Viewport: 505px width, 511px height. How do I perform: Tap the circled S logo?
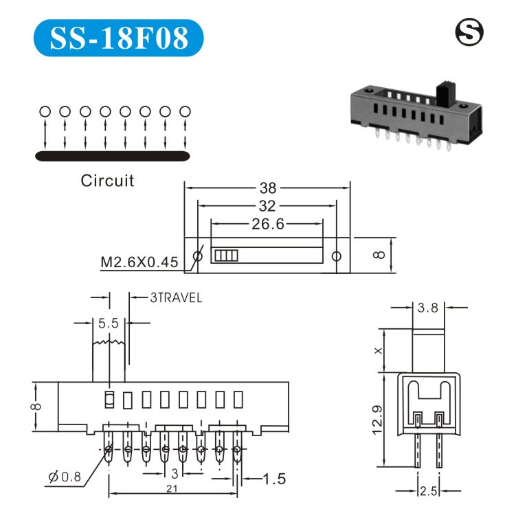coord(470,32)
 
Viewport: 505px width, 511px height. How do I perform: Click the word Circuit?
coord(107,181)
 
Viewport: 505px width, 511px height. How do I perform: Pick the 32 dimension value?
coord(267,205)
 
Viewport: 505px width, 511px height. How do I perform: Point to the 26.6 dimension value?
coord(268,223)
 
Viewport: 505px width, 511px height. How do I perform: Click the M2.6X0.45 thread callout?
coord(139,262)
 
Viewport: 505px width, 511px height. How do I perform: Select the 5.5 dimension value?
coord(109,323)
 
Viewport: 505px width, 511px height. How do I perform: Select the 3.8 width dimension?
coord(428,308)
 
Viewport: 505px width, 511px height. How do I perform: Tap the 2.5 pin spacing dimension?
coord(428,492)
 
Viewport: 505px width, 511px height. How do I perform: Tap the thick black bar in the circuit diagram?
coord(112,157)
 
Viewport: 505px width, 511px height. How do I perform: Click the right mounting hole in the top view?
coord(336,256)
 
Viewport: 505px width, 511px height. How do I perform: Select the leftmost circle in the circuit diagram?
coord(45,111)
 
